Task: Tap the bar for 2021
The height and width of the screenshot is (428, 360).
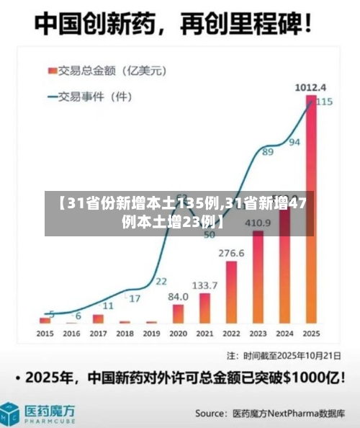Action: pos(205,308)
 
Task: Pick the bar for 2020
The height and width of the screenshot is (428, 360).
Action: pos(178,313)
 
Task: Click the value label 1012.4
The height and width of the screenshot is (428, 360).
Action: pos(311,87)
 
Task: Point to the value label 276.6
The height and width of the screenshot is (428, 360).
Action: pos(231,253)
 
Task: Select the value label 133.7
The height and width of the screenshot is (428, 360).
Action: pos(205,285)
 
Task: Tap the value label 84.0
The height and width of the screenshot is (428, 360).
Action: pos(178,296)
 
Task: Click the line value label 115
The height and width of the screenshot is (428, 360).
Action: pos(324,102)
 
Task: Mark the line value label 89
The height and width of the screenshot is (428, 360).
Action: pos(267,152)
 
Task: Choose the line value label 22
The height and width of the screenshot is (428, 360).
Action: pos(161,281)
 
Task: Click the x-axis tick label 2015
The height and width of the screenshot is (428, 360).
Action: pos(45,334)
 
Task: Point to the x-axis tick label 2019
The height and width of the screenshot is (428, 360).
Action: pos(151,334)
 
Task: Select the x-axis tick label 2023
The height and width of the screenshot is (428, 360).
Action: pos(258,334)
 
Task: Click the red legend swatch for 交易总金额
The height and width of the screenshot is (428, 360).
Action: pos(53,70)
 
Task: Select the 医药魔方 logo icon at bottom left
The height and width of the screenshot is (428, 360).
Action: pos(11,414)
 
